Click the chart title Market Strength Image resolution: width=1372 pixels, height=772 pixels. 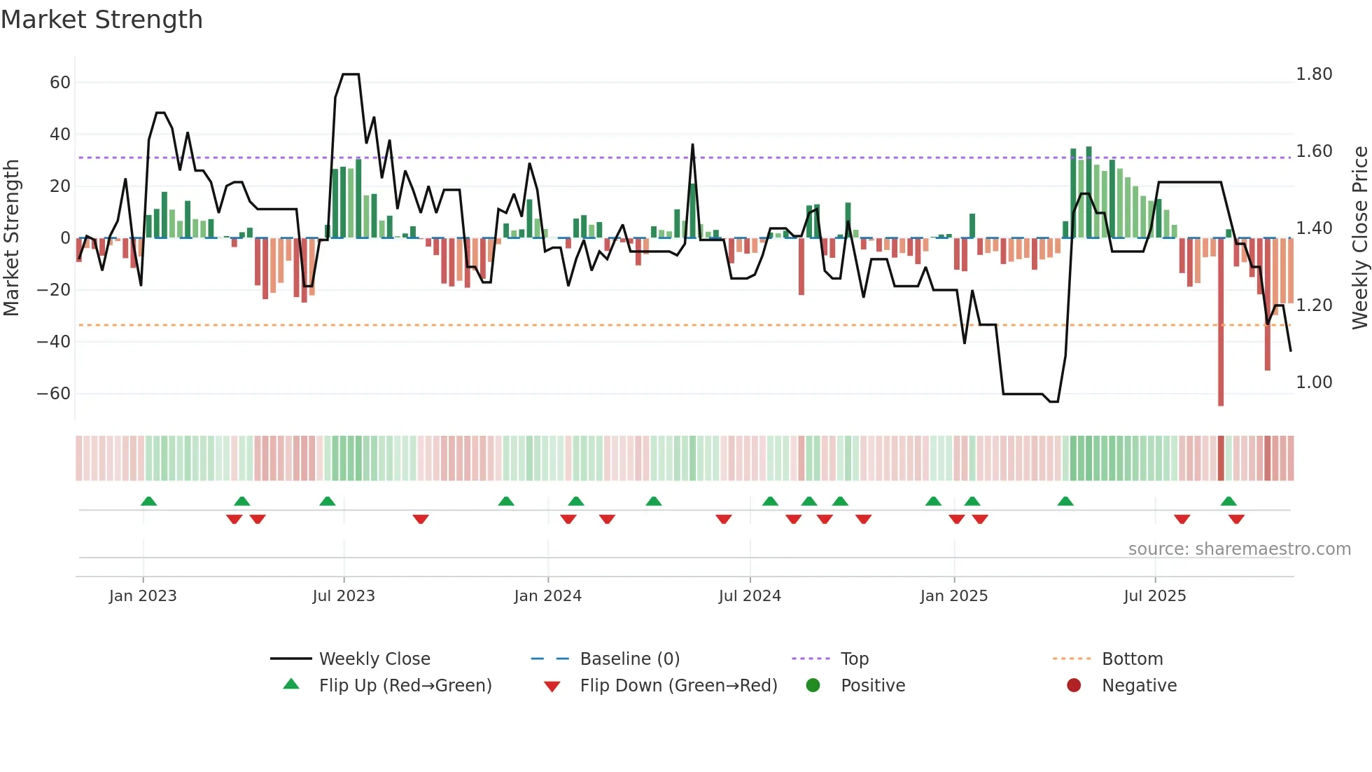tap(101, 20)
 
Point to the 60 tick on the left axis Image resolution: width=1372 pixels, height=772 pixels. tap(60, 83)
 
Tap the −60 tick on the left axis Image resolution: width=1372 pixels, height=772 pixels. tap(54, 394)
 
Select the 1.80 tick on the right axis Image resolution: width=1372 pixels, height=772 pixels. tap(1314, 74)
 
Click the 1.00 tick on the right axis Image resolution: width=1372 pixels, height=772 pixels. tap(1314, 382)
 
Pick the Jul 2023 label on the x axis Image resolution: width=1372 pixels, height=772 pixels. tap(344, 596)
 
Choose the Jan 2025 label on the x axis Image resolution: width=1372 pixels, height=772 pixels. tap(953, 596)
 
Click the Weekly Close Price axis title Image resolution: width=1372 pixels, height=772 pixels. tap(1359, 238)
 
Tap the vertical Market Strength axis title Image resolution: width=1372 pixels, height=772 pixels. tap(12, 238)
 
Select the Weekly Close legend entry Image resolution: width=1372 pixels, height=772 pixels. tap(374, 659)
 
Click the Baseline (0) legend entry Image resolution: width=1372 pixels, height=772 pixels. tap(629, 659)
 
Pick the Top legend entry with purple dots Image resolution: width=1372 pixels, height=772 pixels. tap(854, 659)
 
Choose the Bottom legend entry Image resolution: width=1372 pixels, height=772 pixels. tap(1132, 659)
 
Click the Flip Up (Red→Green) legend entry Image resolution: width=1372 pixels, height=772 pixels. tap(405, 686)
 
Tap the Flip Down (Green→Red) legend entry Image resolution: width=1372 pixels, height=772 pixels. tap(678, 686)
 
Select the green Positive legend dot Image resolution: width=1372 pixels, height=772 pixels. tap(813, 686)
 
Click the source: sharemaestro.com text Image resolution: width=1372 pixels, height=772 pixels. tap(1239, 549)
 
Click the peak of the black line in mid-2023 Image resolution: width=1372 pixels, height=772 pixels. tap(351, 74)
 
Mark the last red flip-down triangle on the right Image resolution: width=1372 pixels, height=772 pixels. tap(1236, 519)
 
